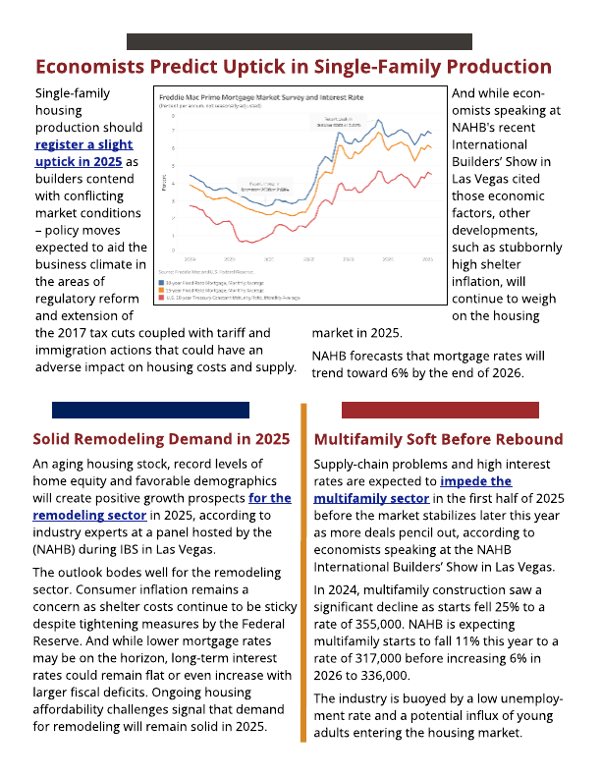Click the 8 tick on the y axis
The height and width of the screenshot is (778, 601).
174,113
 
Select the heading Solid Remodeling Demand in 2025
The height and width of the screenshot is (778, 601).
161,438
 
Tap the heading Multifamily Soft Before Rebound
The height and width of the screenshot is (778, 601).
438,438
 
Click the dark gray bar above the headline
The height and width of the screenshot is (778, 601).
300,41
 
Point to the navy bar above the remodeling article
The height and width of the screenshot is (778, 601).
150,410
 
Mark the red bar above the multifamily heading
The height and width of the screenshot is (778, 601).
440,410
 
